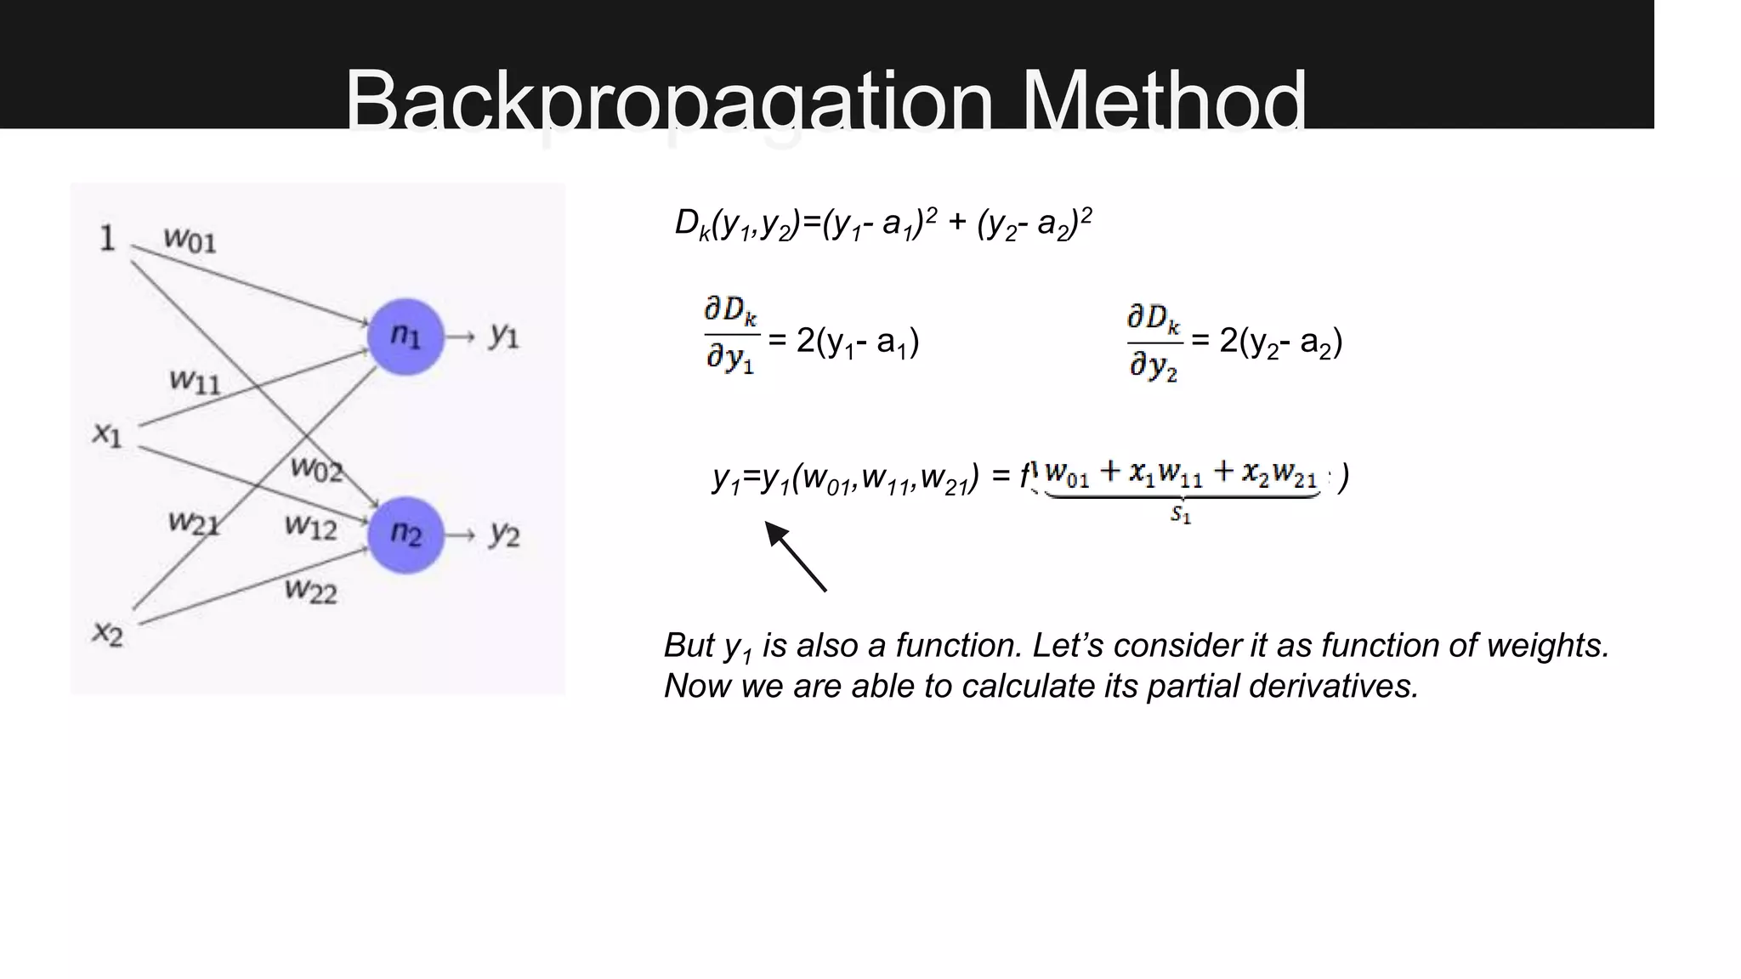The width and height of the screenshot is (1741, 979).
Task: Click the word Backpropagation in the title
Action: pyautogui.click(x=668, y=102)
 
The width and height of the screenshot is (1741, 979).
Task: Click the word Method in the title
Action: pyautogui.click(x=1164, y=102)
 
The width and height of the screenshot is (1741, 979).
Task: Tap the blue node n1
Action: pyautogui.click(x=405, y=337)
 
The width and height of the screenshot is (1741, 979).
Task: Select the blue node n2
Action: pyautogui.click(x=405, y=535)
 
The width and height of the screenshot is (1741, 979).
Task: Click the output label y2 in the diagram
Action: pyautogui.click(x=504, y=535)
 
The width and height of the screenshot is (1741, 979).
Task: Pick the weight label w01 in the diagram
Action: pyautogui.click(x=190, y=240)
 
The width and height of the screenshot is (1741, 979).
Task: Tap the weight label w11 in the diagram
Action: pyautogui.click(x=195, y=381)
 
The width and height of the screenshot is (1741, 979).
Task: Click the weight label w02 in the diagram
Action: pyautogui.click(x=315, y=468)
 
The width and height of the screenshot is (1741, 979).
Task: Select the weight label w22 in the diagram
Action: pyautogui.click(x=310, y=590)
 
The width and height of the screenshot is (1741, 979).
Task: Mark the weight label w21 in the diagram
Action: pyautogui.click(x=194, y=522)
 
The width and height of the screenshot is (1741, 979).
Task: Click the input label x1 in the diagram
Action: pyautogui.click(x=107, y=434)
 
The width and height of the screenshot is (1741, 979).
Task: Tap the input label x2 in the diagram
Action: pyautogui.click(x=108, y=632)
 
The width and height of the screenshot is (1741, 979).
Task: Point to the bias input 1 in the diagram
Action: pyautogui.click(x=107, y=238)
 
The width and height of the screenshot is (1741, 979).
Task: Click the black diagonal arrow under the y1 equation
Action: pyautogui.click(x=795, y=556)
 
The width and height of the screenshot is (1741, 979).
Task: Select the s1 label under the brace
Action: pyautogui.click(x=1181, y=514)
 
